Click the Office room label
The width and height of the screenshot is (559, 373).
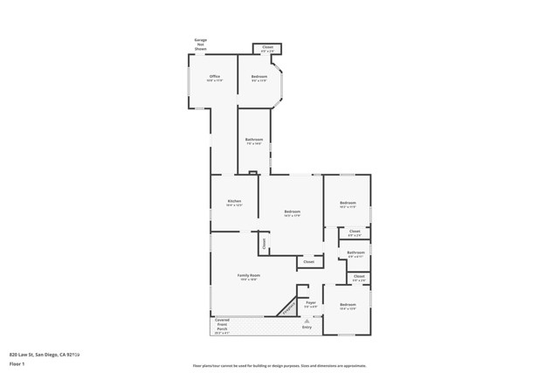215,78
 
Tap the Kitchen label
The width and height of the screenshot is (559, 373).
234,203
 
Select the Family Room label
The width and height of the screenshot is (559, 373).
249,277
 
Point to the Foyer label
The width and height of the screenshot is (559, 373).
310,304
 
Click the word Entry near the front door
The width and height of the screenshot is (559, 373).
307,328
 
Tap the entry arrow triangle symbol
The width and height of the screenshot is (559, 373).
307,321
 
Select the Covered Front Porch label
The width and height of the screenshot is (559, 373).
222,326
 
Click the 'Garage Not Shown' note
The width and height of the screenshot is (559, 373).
200,45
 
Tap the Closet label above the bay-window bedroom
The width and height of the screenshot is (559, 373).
267,48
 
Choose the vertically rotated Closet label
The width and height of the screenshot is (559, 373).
264,244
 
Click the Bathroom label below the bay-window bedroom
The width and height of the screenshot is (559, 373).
254,141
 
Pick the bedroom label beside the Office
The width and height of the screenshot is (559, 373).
259,78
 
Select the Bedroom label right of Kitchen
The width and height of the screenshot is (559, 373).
293,212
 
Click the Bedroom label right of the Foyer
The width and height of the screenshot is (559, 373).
348,305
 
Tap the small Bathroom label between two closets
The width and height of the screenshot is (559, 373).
355,254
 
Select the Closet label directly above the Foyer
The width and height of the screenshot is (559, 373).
308,261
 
